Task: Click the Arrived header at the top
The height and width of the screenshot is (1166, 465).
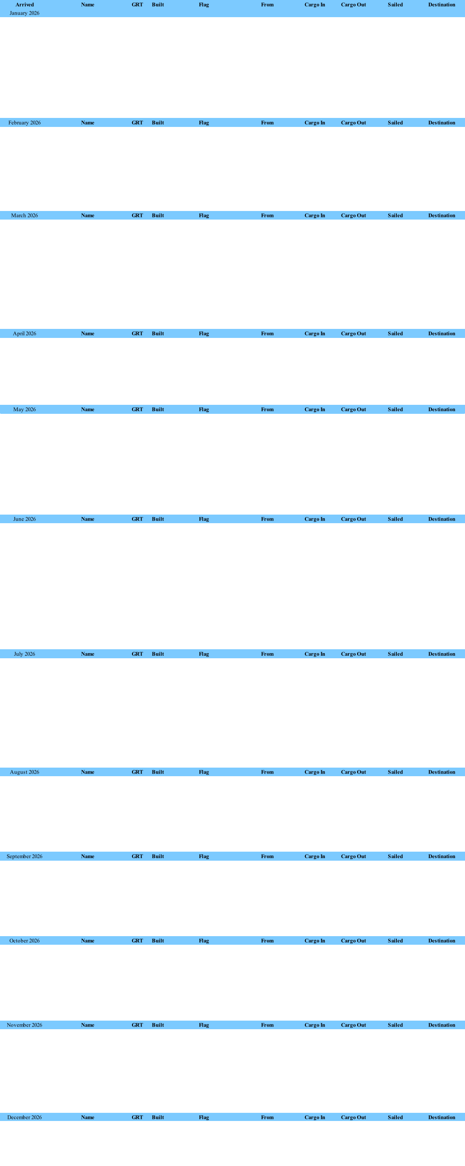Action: click(24, 5)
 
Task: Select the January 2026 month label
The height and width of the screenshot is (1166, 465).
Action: click(24, 13)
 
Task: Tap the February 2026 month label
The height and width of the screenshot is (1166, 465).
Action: click(24, 123)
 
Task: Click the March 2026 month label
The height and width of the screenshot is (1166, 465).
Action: click(24, 215)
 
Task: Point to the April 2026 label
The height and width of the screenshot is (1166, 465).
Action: click(24, 334)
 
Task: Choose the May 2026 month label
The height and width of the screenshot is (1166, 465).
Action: click(24, 410)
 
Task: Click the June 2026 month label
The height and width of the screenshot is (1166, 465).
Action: click(24, 519)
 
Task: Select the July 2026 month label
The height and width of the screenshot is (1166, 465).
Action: click(24, 654)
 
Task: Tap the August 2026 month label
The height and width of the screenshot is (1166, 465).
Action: click(24, 772)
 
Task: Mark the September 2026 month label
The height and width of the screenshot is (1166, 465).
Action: click(24, 856)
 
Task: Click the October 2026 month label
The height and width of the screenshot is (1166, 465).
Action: click(24, 940)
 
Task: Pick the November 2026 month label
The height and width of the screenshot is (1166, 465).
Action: click(24, 1025)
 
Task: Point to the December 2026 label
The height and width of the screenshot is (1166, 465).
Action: click(24, 1118)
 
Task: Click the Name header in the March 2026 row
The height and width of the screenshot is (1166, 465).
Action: click(88, 215)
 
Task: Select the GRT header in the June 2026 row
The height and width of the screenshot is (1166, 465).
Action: click(137, 519)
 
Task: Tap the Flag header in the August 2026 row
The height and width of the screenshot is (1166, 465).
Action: click(204, 772)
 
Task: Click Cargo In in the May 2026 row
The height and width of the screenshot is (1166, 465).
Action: click(315, 410)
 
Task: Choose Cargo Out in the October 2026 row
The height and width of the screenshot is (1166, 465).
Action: click(353, 940)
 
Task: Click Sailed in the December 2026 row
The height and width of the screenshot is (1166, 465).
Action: click(395, 1118)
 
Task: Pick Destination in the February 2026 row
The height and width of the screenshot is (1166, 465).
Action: click(442, 123)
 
